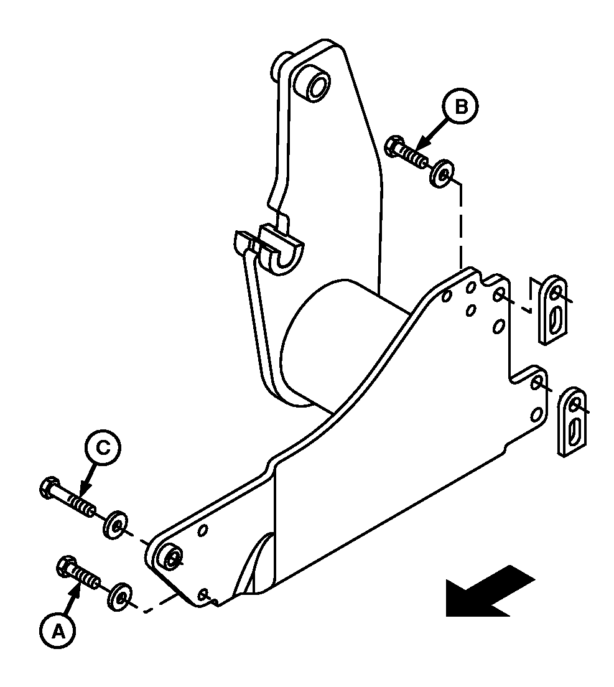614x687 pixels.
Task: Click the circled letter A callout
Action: coord(58,632)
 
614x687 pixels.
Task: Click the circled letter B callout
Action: coord(460,106)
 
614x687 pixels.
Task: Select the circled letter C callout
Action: coord(102,448)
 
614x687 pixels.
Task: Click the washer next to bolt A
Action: coord(119,596)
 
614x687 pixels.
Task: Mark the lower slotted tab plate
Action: coord(572,422)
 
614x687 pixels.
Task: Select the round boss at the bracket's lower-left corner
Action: coord(171,556)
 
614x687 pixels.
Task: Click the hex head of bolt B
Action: coord(396,146)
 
